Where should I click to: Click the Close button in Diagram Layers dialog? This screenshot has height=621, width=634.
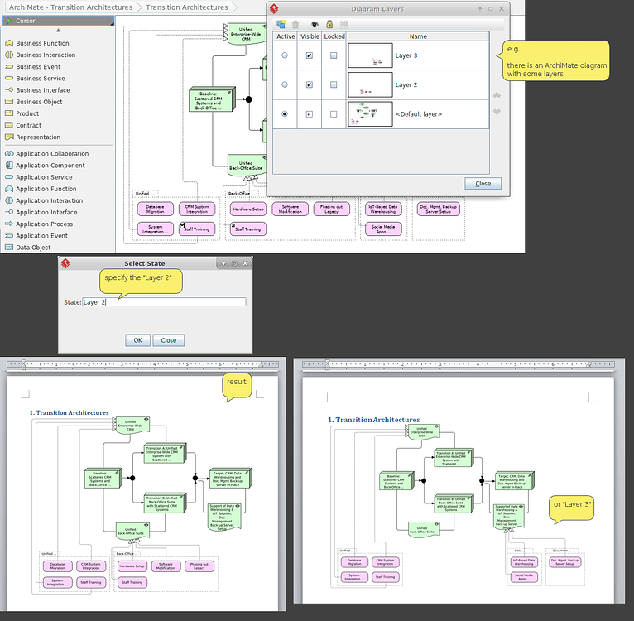tap(483, 183)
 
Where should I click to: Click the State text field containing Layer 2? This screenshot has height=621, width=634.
tap(164, 302)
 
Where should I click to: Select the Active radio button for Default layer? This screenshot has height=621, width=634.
tap(286, 113)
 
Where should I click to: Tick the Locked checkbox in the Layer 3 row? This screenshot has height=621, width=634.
tap(334, 55)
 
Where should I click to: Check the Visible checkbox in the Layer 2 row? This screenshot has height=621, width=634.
tap(310, 84)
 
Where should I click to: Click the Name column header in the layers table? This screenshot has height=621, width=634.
tap(418, 36)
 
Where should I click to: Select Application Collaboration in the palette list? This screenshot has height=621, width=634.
tap(51, 154)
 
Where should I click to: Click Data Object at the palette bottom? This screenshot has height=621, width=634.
tap(33, 248)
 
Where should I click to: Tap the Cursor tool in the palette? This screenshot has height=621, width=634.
tap(26, 20)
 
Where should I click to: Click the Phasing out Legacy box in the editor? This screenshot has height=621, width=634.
tap(331, 209)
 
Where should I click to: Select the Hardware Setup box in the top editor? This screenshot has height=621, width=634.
tap(247, 209)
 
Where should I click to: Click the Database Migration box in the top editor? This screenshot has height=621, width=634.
tap(155, 209)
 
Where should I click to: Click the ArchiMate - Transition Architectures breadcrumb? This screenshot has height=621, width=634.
tap(70, 7)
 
